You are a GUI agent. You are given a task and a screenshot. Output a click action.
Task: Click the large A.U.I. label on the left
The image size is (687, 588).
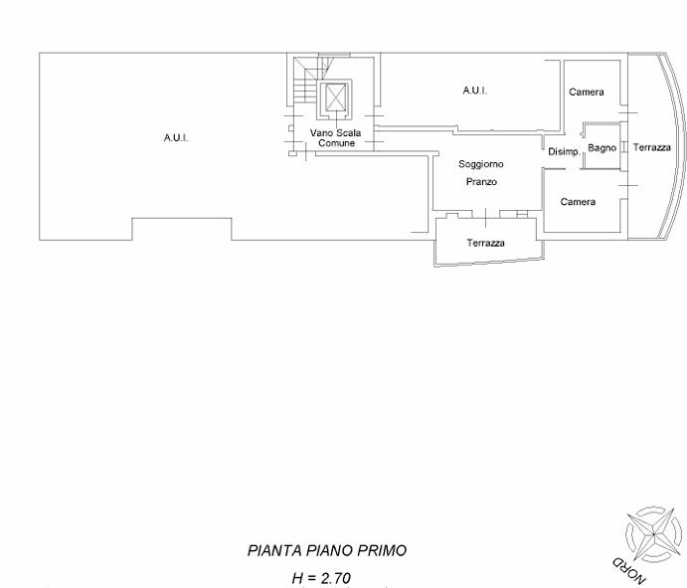point(176,138)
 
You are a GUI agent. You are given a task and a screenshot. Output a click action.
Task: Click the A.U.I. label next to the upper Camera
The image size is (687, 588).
point(475,91)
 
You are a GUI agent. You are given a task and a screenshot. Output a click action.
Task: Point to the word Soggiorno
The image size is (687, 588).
point(481,163)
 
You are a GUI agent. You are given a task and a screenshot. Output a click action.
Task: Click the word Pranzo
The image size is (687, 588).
point(481,183)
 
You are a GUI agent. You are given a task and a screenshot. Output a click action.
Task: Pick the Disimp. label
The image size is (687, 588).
point(564,151)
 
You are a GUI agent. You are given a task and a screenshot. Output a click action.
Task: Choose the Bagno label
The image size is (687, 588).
point(601,147)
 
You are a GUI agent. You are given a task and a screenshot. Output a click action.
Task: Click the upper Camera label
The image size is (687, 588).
point(587,93)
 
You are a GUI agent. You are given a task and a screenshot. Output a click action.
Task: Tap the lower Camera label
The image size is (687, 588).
point(578,202)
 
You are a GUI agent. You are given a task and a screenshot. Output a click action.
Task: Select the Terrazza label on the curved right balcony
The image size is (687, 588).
point(652,147)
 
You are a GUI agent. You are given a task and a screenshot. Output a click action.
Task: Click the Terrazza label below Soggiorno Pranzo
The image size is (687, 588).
point(486,244)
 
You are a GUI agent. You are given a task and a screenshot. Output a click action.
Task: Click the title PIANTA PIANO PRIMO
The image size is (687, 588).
point(327,550)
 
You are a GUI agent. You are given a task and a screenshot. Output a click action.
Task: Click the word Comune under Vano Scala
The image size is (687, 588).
point(336,144)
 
